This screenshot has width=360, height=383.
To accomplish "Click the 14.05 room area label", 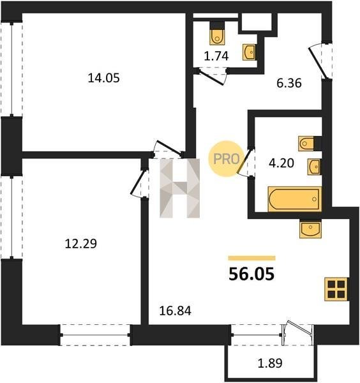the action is tap(103, 79).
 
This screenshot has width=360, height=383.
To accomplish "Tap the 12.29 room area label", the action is tap(81, 244).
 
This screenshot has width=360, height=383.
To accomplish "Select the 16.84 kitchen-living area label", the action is tap(175, 311).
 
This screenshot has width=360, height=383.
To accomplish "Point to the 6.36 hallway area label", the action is tap(289, 83).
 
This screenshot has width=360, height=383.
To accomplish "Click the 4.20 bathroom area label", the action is tap(281, 163).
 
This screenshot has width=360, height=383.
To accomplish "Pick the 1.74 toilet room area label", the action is tap(216, 56).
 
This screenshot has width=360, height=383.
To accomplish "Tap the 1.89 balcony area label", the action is tap(270, 363).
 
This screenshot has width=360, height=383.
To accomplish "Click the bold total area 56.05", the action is tap(251, 274).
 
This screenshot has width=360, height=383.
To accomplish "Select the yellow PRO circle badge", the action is tap(226, 159).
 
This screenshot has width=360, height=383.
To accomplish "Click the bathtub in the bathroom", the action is tap(294, 199).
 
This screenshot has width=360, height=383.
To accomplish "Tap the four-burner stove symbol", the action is tap(336, 289).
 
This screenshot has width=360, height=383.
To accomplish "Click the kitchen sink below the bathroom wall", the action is tap(310, 229).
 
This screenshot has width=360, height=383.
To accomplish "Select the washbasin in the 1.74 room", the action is tap(249, 52).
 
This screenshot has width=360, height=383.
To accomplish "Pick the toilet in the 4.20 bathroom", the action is tap(306, 144).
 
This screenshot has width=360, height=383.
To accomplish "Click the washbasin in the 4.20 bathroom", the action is tap(314, 167).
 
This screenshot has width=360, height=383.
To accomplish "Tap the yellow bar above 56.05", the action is tap(251, 258).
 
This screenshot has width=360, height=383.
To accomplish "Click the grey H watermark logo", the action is tap(179, 188).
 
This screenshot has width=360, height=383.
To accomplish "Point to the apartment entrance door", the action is tap(318, 63).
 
